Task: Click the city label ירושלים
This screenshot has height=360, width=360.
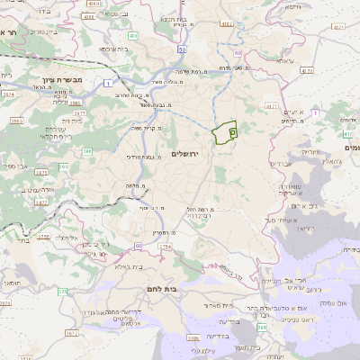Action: (x=189, y=154)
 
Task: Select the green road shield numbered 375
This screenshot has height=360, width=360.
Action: (x=62, y=292)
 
